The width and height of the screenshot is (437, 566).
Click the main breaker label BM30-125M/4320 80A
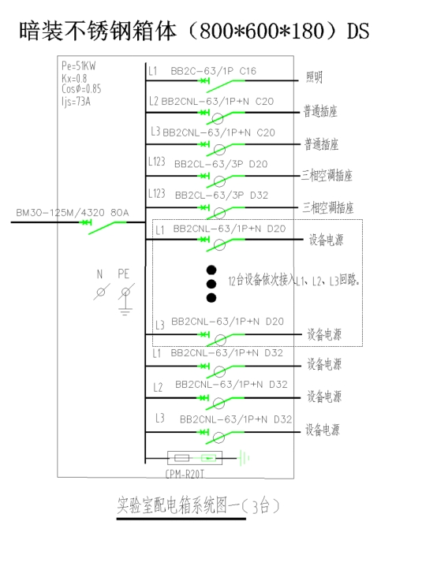(x=73, y=212)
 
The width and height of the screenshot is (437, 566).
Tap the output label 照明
(x=314, y=77)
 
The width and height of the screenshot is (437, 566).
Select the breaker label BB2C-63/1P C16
(x=213, y=71)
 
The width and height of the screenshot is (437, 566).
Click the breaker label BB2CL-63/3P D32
(x=222, y=195)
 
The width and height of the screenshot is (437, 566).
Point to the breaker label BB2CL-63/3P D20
(x=221, y=164)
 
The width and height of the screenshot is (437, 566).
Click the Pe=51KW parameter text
(x=79, y=65)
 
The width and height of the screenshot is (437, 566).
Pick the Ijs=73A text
(x=76, y=102)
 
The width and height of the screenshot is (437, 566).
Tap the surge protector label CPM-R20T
(x=185, y=474)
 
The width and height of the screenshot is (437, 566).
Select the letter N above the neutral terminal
(x=99, y=274)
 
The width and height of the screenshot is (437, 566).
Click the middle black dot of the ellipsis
(x=211, y=284)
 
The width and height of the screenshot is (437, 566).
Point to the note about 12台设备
(x=294, y=280)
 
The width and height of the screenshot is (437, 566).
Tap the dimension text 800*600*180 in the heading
(x=261, y=31)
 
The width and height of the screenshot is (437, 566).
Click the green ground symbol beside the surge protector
(x=244, y=458)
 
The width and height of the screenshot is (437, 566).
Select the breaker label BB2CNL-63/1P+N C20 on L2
(x=217, y=102)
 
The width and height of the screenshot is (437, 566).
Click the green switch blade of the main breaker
(x=107, y=227)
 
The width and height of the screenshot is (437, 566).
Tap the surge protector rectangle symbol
(x=195, y=458)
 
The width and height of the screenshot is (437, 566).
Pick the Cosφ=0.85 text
(x=81, y=89)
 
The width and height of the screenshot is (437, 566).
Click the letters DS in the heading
(x=358, y=31)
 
